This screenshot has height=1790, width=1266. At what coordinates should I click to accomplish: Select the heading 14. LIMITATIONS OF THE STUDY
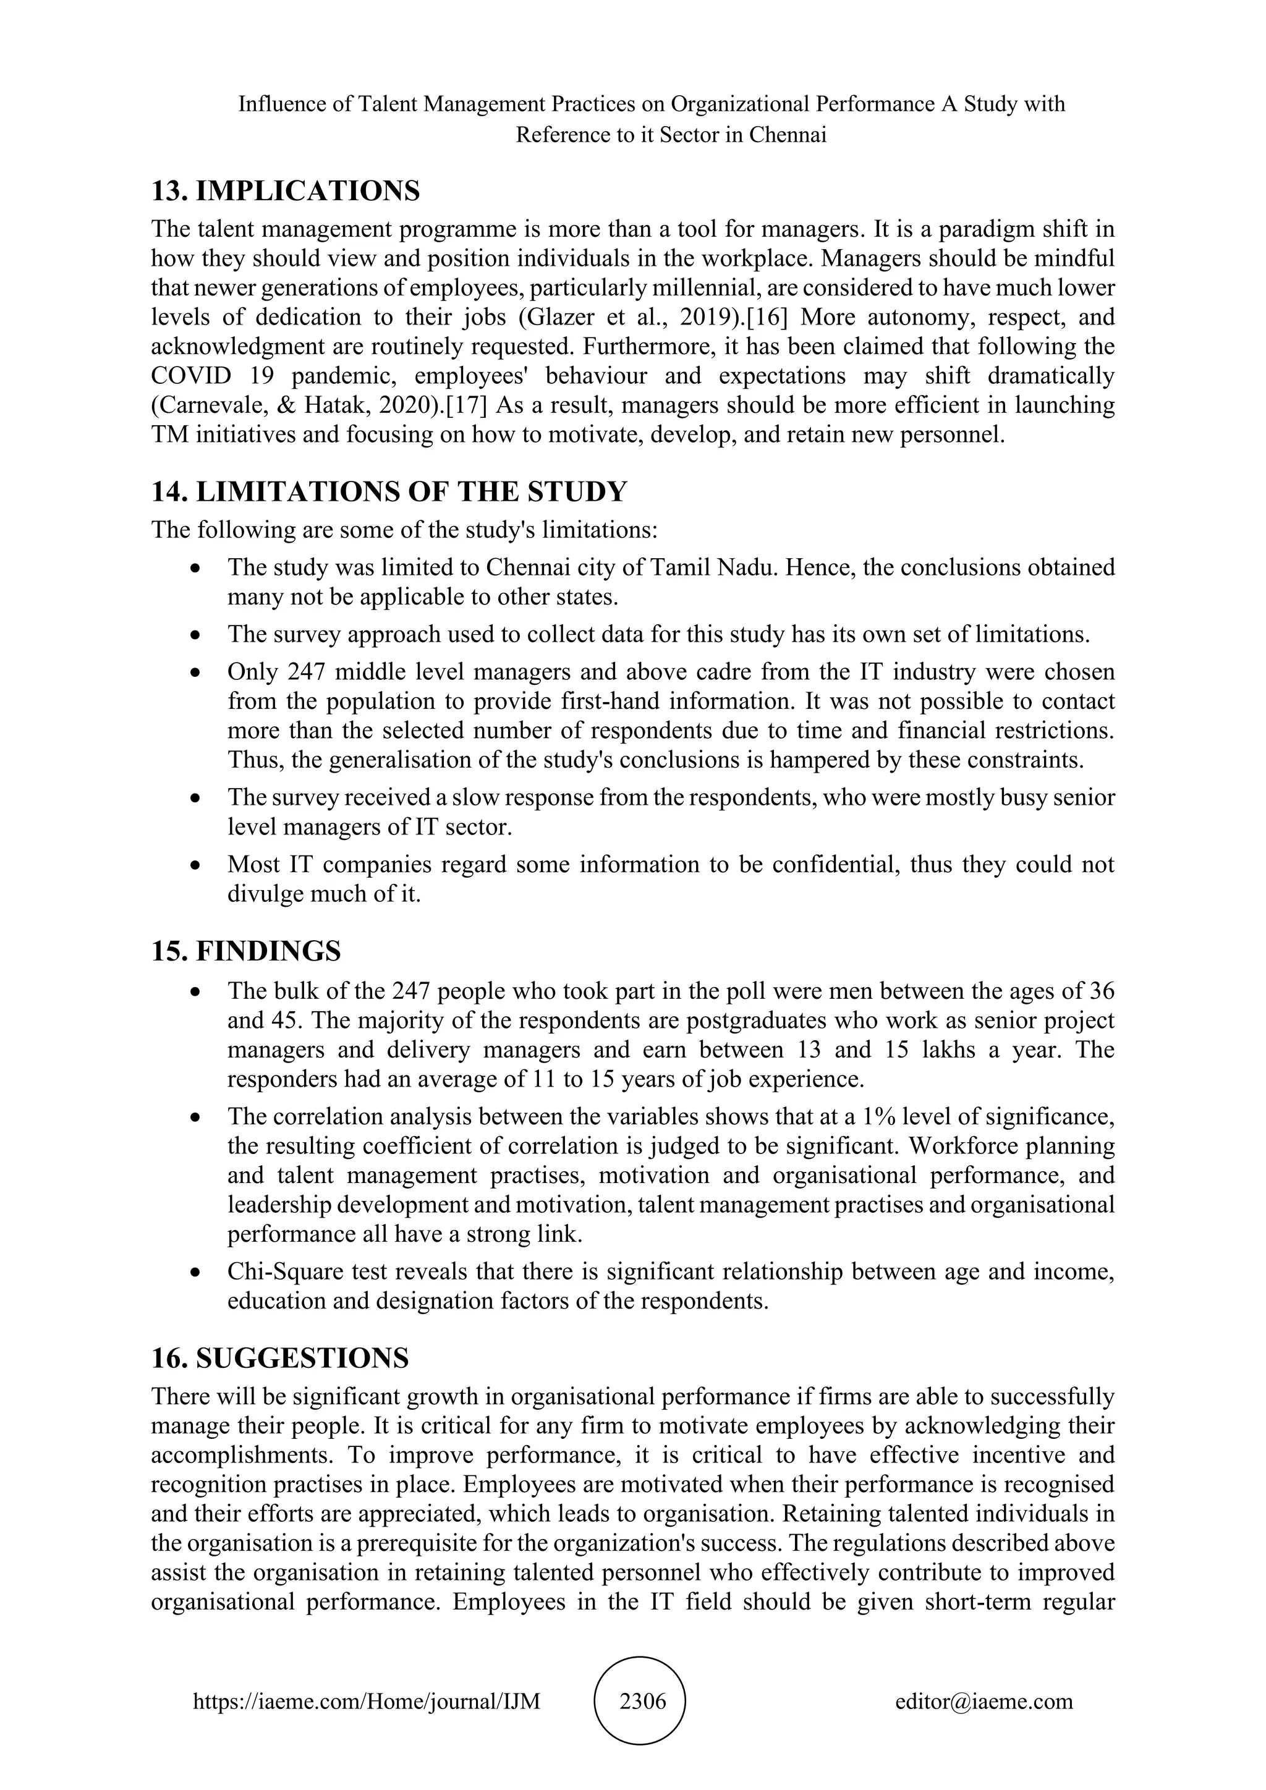tap(389, 492)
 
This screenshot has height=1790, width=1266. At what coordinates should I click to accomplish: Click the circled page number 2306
tap(642, 1700)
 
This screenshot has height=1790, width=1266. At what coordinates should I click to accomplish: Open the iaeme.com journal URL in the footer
tap(367, 1701)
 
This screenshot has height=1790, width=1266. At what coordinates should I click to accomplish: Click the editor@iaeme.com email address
tap(983, 1701)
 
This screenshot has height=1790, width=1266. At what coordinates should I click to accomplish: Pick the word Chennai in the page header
tap(788, 135)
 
